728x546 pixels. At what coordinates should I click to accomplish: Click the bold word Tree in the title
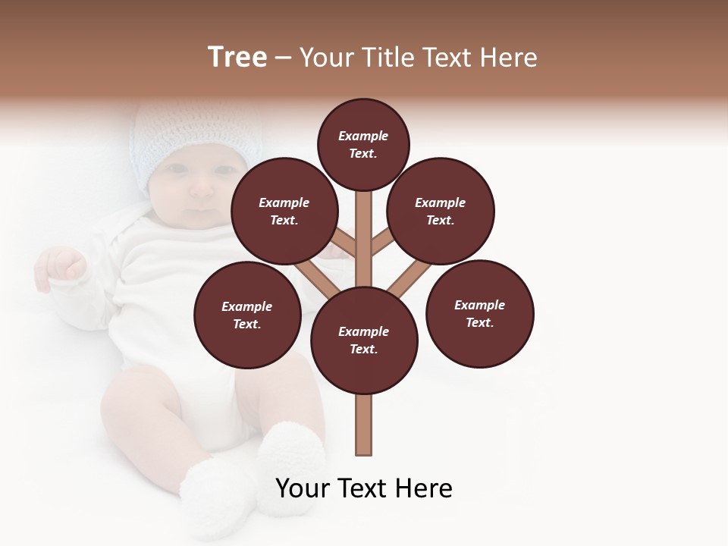click(x=237, y=58)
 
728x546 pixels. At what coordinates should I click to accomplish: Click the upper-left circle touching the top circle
click(x=284, y=211)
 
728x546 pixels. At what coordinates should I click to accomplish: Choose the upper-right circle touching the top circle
click(x=441, y=211)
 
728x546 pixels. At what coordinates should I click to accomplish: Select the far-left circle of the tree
click(x=247, y=315)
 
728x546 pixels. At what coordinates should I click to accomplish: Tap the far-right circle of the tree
click(x=479, y=313)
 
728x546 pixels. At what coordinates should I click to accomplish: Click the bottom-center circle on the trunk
click(x=364, y=340)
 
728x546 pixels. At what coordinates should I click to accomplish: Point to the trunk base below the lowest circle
click(x=364, y=425)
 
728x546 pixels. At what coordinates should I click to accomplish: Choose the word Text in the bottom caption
click(x=366, y=488)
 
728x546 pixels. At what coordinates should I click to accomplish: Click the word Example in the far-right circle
click(x=479, y=305)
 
